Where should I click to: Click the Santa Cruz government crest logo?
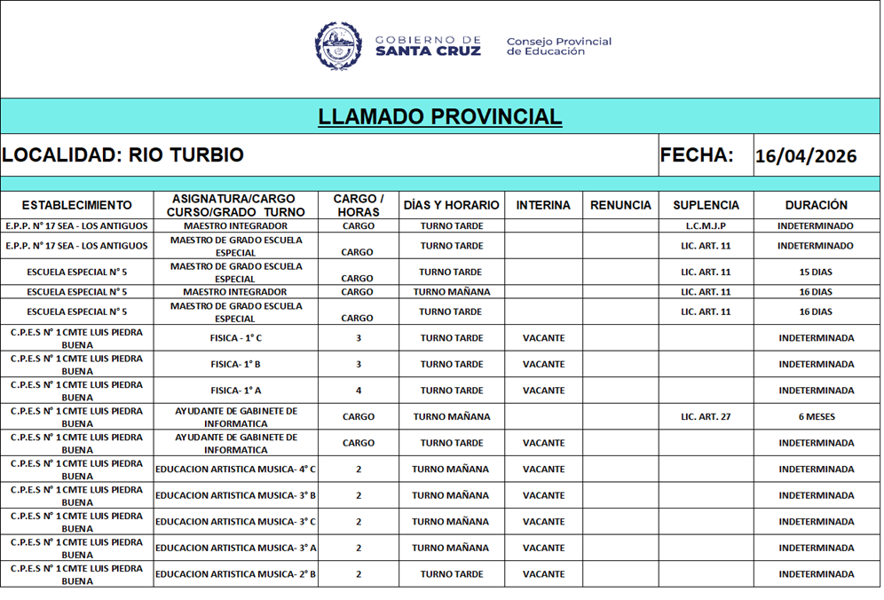338,45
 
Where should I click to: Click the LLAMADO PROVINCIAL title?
439,117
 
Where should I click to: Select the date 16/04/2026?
805,157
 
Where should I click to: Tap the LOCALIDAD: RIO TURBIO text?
122,155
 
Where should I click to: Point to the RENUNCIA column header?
620,205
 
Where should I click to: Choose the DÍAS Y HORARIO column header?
451,205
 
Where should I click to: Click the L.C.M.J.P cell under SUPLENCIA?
706,226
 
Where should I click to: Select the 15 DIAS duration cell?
816,272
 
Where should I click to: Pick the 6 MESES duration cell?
816,417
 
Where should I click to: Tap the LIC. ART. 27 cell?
706,417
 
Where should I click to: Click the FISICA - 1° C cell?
235,338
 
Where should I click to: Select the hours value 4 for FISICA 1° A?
359,391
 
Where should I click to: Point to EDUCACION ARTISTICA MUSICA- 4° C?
235,470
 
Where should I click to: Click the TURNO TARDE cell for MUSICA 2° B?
451,574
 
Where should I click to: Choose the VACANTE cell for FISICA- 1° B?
543,365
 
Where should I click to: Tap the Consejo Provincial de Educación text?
558,46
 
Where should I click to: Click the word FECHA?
696,155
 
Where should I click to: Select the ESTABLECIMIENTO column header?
76,205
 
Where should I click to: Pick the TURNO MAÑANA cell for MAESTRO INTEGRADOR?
451,292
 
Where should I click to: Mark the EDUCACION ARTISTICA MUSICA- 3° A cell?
235,549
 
